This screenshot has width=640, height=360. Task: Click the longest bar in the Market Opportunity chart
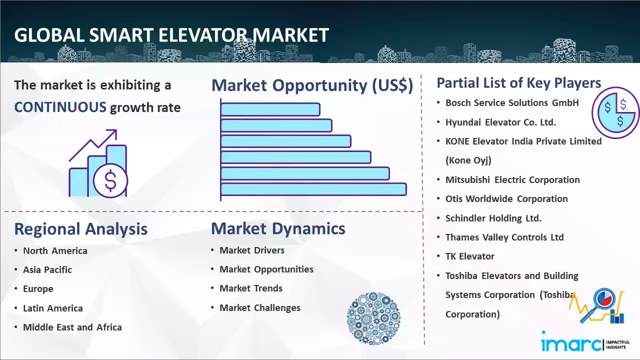(x=313, y=189)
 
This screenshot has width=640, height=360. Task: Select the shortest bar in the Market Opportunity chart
(x=270, y=109)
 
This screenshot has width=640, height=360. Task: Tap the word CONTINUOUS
(x=60, y=107)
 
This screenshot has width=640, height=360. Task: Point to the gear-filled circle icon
(x=373, y=318)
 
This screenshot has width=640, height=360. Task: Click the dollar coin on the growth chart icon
(x=110, y=181)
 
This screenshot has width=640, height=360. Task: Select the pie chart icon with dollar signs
(x=615, y=113)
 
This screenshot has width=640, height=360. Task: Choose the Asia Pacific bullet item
(x=47, y=269)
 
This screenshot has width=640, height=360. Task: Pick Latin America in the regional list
(x=53, y=308)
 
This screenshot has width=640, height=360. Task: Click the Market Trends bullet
(x=251, y=288)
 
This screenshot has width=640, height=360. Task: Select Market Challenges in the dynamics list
(x=260, y=307)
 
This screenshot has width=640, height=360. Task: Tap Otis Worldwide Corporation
(x=506, y=199)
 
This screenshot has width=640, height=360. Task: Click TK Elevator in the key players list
(x=470, y=256)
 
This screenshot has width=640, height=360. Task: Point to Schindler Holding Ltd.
(x=493, y=218)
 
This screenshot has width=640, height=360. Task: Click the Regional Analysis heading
(x=81, y=229)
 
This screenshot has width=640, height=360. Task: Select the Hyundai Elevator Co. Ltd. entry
(x=500, y=122)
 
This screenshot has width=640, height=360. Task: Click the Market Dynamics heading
(x=278, y=228)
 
